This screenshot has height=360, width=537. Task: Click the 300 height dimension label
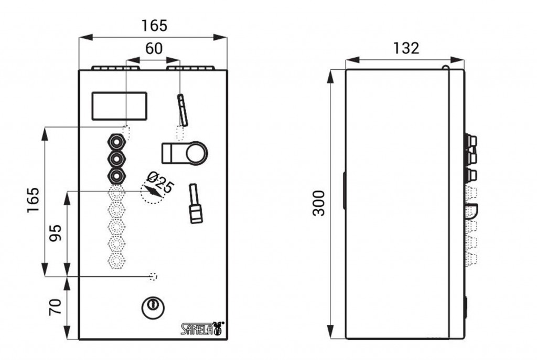tap(319, 203)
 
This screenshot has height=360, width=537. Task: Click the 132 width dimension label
tap(406, 48)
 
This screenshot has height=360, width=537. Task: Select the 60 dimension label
tap(154, 48)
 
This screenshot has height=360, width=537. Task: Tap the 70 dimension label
tap(56, 306)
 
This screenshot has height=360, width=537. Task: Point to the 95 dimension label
tap(56, 233)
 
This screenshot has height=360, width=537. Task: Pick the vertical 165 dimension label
tap(33, 200)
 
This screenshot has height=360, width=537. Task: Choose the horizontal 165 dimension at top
tap(155, 26)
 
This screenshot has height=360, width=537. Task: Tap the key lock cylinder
tap(153, 306)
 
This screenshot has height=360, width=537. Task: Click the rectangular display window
tap(119, 106)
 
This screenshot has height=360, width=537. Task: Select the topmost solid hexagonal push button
tap(116, 141)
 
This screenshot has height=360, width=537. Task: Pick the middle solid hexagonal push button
tap(116, 158)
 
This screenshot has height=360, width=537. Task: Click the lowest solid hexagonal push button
tap(116, 176)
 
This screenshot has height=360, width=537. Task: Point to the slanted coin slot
tap(182, 110)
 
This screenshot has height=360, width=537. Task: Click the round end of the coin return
tap(197, 153)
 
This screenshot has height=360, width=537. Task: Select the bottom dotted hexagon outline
tap(116, 261)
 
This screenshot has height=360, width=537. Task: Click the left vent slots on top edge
tap(116, 68)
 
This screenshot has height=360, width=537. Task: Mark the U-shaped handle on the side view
tap(472, 211)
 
